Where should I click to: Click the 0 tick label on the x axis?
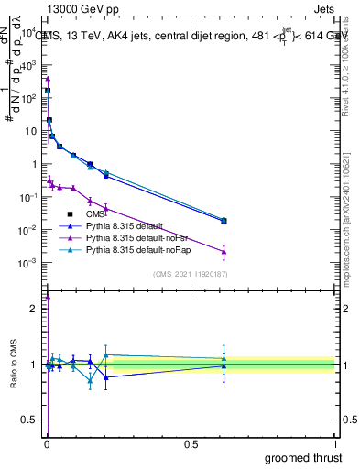(x=47, y=445)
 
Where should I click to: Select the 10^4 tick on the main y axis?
(x=29, y=32)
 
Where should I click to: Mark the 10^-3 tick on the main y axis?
(x=29, y=263)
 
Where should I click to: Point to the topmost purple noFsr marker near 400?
(x=48, y=79)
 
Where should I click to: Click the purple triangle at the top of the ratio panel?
(x=48, y=296)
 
